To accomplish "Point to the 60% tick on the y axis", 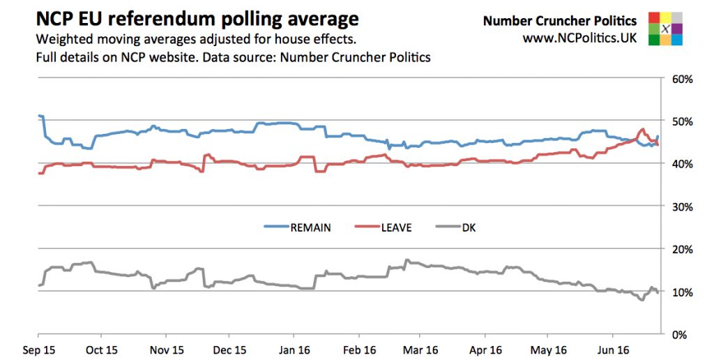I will [681, 79].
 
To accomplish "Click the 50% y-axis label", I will [681, 121].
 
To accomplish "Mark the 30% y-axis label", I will [681, 207].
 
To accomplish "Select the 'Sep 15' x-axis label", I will [38, 349].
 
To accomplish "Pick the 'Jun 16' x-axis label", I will [615, 349].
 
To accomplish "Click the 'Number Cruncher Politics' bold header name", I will [559, 21].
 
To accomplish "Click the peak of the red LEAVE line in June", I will [642, 129].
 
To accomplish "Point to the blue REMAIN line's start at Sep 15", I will [40, 116].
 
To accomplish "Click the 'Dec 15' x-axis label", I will [230, 349].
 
